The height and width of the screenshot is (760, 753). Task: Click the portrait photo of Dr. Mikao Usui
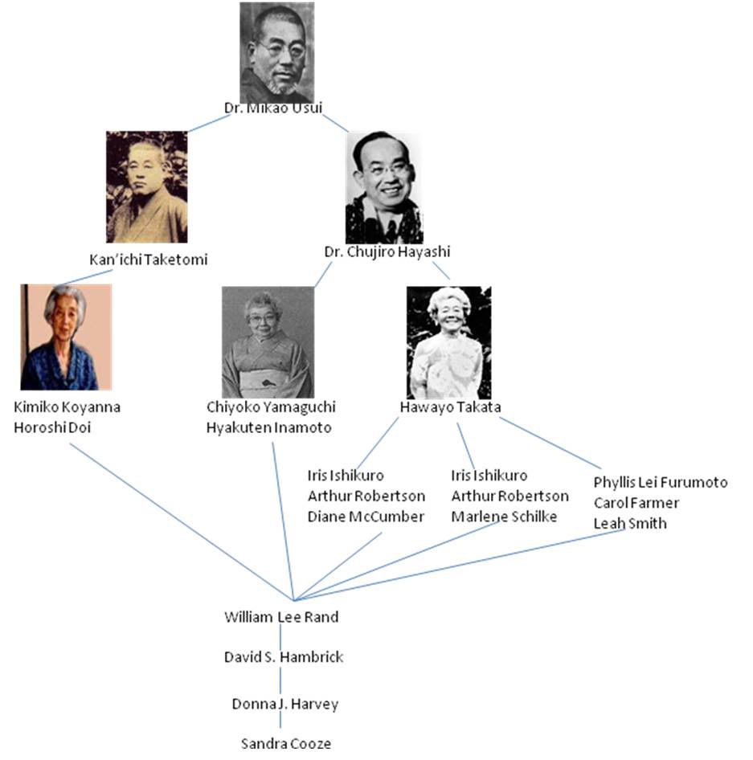[x=276, y=51]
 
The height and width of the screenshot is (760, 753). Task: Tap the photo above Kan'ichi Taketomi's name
[x=146, y=187]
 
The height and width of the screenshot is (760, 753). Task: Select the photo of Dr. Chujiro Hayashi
[x=383, y=188]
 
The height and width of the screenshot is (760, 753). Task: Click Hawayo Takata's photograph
[x=448, y=343]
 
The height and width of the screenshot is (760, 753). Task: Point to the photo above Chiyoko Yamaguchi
[x=267, y=342]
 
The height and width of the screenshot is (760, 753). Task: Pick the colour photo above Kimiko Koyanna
[x=66, y=337]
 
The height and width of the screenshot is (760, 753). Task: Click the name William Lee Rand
[x=280, y=617]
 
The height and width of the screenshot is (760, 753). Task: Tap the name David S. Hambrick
[x=283, y=657]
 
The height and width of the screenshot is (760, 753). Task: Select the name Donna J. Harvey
[x=284, y=705]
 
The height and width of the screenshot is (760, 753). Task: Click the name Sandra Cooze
[x=285, y=743]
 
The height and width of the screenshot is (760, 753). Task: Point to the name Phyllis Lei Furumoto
[x=661, y=482]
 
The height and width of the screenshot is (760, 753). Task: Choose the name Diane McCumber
[x=366, y=517]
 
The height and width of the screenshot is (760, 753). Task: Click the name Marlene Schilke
[x=504, y=517]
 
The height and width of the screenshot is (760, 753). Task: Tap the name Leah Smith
[x=630, y=523]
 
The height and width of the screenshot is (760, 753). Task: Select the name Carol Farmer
[x=636, y=503]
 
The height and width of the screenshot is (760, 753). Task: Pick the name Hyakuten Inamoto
[x=268, y=427]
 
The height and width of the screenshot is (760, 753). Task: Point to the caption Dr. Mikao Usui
[x=276, y=108]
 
